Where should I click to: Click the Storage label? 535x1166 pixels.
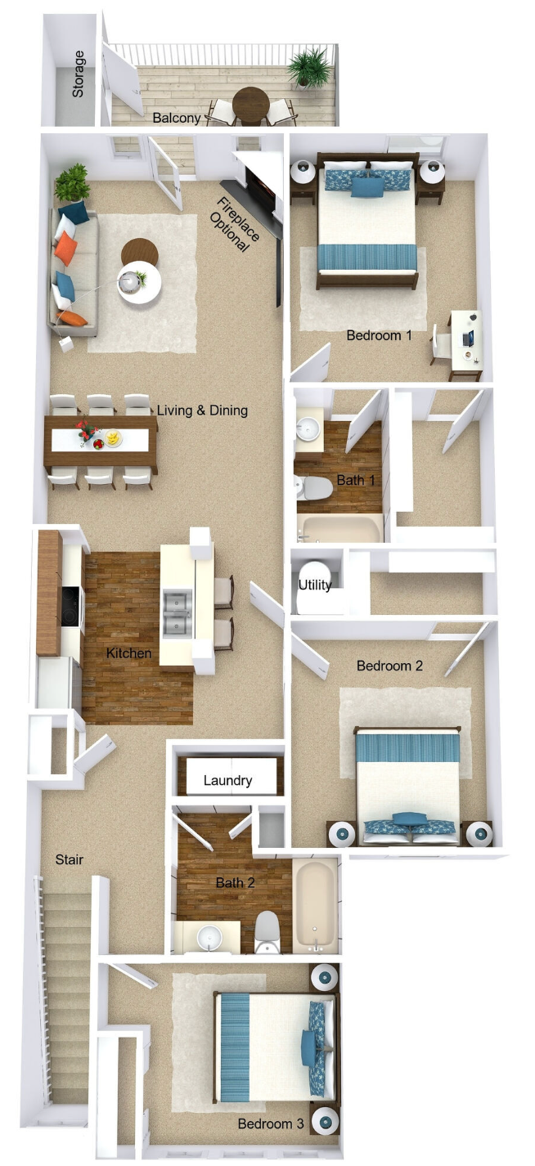79,74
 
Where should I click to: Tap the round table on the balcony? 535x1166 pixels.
249,103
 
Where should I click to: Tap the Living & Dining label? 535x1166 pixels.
201,410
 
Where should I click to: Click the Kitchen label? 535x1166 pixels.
128,653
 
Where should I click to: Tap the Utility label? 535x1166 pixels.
314,585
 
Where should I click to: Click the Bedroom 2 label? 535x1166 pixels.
389,666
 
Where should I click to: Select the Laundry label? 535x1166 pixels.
227,781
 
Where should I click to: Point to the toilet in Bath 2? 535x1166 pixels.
267,931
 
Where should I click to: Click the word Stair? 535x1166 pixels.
69,859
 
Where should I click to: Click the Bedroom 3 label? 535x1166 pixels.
271,1124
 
